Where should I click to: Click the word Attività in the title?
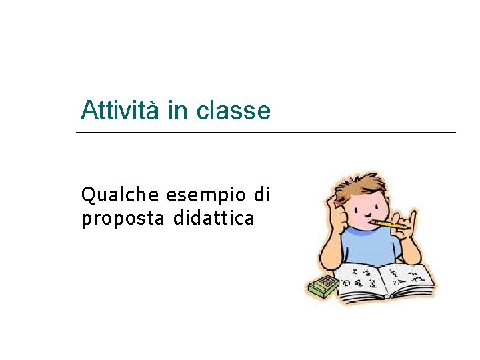point(120,110)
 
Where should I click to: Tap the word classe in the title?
point(233,111)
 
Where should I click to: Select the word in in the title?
point(178,110)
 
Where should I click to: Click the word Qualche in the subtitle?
point(120,195)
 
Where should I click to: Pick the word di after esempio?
point(262,195)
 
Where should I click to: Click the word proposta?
point(123,219)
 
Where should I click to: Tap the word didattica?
point(213,218)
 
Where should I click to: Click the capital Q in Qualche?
point(87,195)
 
